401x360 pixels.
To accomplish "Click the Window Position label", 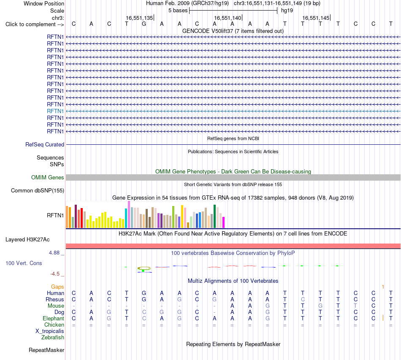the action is tap(44, 3).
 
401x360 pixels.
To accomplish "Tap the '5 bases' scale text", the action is tap(178, 11).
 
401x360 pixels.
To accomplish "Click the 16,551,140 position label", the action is tap(228, 18).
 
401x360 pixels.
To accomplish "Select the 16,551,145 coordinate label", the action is tap(316, 18).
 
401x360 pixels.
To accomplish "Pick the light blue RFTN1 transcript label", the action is tap(55, 111).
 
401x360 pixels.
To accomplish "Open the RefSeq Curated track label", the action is tap(45, 144).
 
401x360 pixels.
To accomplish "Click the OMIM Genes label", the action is tap(48, 177).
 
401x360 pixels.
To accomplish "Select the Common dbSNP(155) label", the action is tap(38, 190).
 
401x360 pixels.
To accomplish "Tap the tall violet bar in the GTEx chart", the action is tap(129, 214).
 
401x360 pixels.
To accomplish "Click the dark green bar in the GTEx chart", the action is tap(214, 217).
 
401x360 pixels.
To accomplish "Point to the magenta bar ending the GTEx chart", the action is tap(224, 222).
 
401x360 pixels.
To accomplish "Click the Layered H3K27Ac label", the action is tap(27, 240).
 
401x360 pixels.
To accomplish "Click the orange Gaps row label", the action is tap(57, 287).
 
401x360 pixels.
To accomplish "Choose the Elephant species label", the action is tap(53, 318).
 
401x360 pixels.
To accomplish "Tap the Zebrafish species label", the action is tap(53, 338).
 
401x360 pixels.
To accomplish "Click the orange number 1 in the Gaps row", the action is tap(383, 287).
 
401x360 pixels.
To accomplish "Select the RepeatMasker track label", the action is tap(46, 350).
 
